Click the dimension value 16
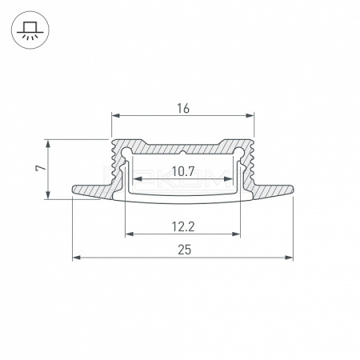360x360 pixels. [183, 109]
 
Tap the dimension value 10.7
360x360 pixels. [183, 171]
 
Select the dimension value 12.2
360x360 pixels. [183, 227]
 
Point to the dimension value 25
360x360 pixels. [185, 250]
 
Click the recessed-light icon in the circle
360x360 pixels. [30, 30]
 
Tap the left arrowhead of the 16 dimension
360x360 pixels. [115, 115]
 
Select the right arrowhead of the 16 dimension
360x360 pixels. [250, 115]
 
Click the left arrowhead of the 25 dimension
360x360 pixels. [77, 258]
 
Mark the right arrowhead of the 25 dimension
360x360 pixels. [289, 258]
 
